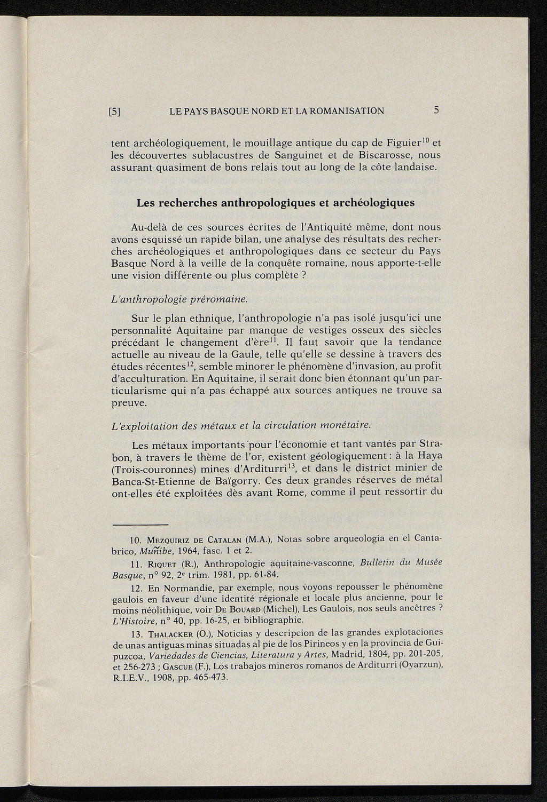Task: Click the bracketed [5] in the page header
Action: click(115, 112)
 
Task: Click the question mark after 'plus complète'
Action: click(303, 275)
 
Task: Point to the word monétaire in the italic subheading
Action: click(345, 425)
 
